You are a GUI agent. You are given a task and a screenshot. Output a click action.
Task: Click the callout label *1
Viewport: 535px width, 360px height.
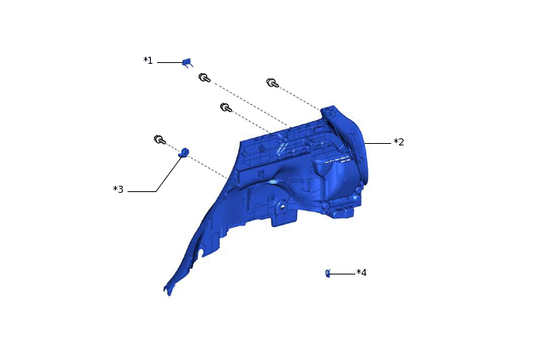tap(148, 61)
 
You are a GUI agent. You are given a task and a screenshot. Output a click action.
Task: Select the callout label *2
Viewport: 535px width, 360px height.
tap(398, 142)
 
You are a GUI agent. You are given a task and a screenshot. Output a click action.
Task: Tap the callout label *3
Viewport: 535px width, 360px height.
tap(118, 190)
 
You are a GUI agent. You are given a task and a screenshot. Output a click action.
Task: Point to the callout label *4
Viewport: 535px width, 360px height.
tap(361, 273)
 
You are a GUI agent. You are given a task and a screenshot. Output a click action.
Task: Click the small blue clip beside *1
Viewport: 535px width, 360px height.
tap(187, 62)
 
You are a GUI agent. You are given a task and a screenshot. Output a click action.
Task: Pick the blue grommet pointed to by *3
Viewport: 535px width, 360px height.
tap(185, 152)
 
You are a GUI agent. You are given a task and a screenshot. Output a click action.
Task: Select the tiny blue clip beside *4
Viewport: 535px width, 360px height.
tap(328, 273)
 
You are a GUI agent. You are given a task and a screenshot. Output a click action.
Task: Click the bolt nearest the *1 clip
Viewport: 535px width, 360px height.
tap(204, 78)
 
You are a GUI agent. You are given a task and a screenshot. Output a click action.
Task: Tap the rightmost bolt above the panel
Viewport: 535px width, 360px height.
tap(271, 82)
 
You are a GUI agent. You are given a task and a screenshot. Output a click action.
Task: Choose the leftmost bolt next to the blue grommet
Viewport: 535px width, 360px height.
tap(159, 140)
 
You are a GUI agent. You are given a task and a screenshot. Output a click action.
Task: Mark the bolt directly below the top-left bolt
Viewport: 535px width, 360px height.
tap(226, 107)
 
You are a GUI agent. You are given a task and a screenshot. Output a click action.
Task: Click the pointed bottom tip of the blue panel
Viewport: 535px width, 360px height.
tap(166, 291)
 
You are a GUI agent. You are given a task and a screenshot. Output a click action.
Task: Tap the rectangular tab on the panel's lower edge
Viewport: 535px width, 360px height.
tap(283, 218)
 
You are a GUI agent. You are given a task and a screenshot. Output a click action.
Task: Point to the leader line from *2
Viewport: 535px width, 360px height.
tap(379, 143)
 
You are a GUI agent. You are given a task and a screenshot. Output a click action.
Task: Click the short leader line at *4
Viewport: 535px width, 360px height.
tap(342, 273)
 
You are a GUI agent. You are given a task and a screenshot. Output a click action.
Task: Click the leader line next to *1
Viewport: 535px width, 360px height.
tap(169, 62)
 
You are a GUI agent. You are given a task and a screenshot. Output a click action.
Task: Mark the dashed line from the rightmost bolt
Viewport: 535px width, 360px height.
tap(300, 97)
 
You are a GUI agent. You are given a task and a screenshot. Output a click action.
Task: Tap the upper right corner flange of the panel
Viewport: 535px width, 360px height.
tap(333, 113)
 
